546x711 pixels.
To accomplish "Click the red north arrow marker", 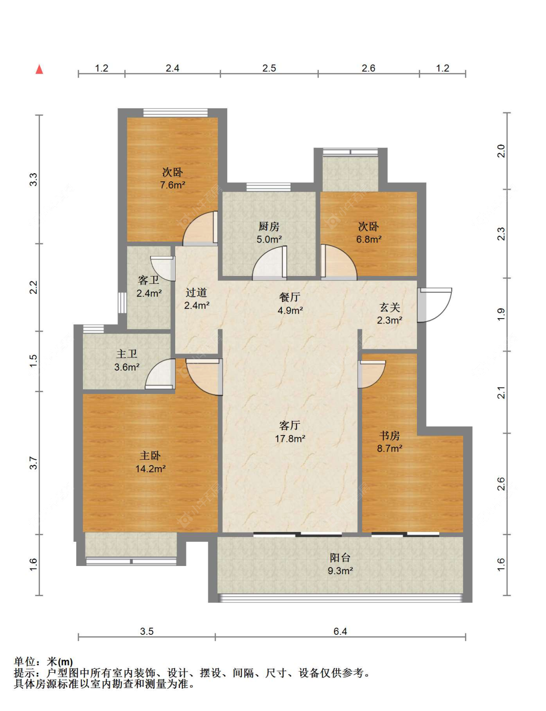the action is [x=39, y=69].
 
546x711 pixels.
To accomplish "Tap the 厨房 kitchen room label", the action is [x=269, y=226].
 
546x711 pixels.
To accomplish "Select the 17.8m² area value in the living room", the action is [x=290, y=438].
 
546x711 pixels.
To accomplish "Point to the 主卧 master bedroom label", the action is [x=150, y=455].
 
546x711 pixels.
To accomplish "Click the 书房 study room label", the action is [x=390, y=436].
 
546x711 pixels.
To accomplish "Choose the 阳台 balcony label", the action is [x=340, y=557].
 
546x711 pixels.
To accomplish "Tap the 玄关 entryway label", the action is [x=390, y=307].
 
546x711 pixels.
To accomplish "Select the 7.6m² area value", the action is [x=172, y=185].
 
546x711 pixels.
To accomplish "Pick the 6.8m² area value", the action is [x=368, y=239].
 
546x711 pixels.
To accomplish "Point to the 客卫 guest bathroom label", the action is [x=149, y=280].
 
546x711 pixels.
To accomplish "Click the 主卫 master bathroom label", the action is [x=127, y=354].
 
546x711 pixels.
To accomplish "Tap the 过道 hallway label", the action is [x=197, y=292].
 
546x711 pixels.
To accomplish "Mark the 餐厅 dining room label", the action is [x=290, y=297].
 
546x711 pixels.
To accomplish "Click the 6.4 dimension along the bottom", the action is [x=340, y=631].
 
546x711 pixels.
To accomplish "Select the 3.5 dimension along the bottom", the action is [x=147, y=631].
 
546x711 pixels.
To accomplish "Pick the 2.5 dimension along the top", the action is [x=269, y=68].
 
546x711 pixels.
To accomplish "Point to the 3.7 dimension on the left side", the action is [x=33, y=463].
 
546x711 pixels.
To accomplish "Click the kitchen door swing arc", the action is [x=269, y=262].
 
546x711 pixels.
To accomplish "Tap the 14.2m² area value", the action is [x=150, y=469].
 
